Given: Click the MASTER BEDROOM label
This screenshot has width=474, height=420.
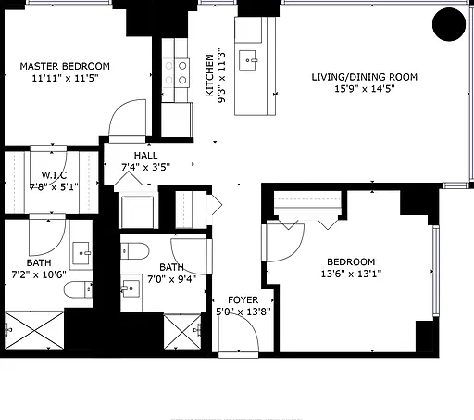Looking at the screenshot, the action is [65, 66].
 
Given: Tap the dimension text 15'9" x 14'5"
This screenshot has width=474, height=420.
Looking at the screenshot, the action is [365, 89].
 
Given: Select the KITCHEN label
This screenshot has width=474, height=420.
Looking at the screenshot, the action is [210, 75].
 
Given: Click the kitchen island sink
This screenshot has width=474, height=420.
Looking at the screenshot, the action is [247, 60].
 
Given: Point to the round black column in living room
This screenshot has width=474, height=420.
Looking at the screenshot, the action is [449, 24].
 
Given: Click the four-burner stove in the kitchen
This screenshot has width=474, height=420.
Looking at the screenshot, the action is [176, 73].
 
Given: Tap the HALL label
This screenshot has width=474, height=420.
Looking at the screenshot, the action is [145, 155].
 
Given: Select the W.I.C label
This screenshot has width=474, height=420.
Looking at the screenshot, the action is [54, 175].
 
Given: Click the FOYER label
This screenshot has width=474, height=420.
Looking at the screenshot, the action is [243, 300].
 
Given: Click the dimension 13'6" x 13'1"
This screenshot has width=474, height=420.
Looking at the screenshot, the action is [351, 274].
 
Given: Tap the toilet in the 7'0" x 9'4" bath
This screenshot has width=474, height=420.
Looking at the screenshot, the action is [135, 251].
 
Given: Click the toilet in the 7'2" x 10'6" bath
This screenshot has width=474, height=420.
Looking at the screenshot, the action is [78, 289].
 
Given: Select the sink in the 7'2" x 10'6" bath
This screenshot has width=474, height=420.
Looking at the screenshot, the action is [81, 253].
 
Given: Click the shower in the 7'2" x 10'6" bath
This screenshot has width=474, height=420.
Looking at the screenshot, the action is [34, 330].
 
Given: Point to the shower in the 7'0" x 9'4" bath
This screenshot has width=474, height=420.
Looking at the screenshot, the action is [182, 332].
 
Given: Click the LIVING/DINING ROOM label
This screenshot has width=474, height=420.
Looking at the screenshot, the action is [364, 77].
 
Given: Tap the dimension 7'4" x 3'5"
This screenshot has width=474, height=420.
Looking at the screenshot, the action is [145, 167].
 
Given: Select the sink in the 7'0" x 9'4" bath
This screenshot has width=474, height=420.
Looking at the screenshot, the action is [131, 288].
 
